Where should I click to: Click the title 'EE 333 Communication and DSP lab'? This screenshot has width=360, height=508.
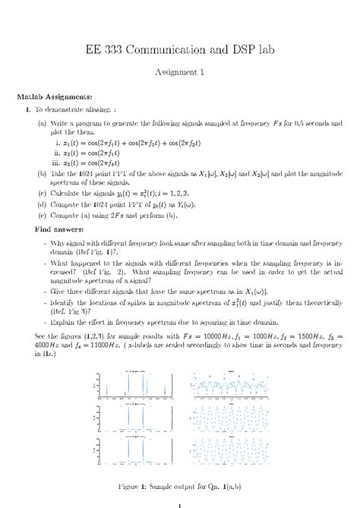180,49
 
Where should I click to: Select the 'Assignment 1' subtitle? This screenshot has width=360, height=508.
180,74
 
